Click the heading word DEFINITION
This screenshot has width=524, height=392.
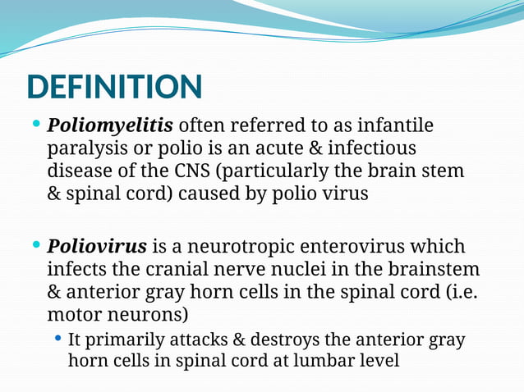tap(114, 88)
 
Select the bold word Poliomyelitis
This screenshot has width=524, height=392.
tap(110, 126)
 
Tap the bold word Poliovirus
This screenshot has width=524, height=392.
tap(97, 246)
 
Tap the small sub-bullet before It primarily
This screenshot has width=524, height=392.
tap(57, 339)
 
